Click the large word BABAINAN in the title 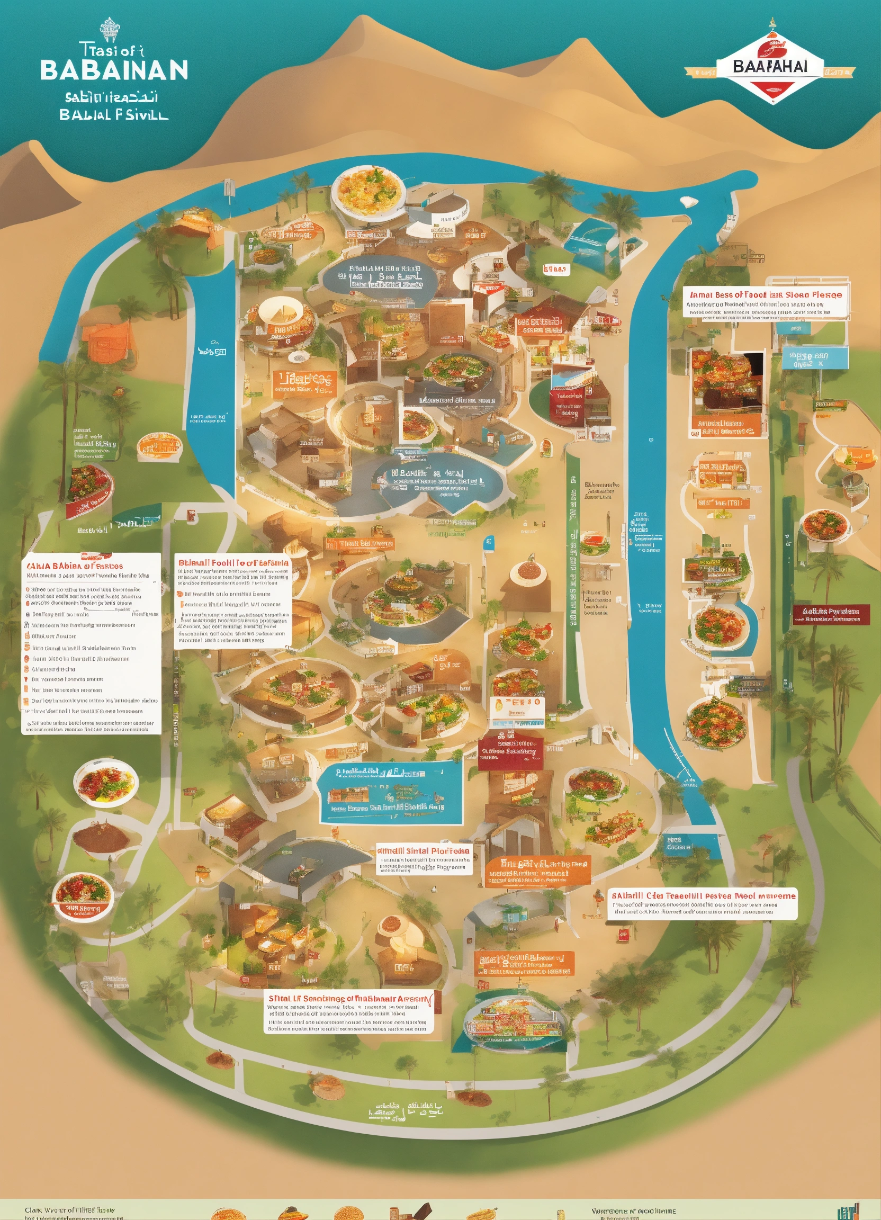tap(114, 70)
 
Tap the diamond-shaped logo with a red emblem tap(771, 67)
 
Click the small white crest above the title tap(109, 30)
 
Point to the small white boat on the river tap(688, 202)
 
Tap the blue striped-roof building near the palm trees tap(592, 241)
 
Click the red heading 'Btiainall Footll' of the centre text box tap(233, 563)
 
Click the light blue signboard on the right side tap(814, 359)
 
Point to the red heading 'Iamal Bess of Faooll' tap(766, 295)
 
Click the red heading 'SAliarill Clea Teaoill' tap(703, 895)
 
